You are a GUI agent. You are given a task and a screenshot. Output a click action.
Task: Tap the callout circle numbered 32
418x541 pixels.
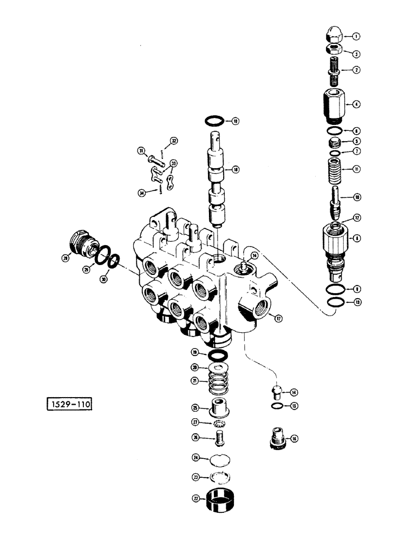click(173, 141)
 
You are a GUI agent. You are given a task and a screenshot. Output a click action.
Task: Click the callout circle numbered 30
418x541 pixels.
click(104, 279)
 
